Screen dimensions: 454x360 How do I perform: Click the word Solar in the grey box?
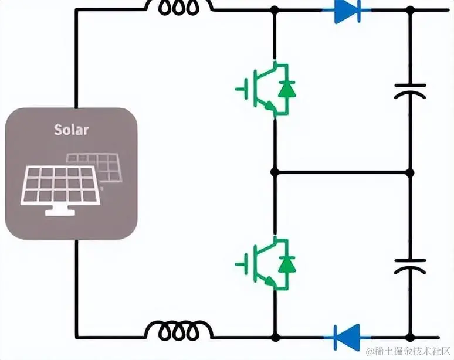point(71,129)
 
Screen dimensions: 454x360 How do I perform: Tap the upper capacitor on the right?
point(410,90)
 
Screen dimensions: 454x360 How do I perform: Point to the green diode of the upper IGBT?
point(287,89)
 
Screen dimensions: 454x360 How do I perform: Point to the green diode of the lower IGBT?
point(287,263)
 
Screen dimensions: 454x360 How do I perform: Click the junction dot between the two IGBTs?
point(275,172)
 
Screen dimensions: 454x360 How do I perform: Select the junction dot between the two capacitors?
point(410,172)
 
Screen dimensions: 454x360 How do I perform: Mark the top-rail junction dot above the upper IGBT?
point(275,10)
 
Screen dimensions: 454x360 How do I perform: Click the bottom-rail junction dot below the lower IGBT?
point(275,337)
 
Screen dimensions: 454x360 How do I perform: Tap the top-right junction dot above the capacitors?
point(410,10)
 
